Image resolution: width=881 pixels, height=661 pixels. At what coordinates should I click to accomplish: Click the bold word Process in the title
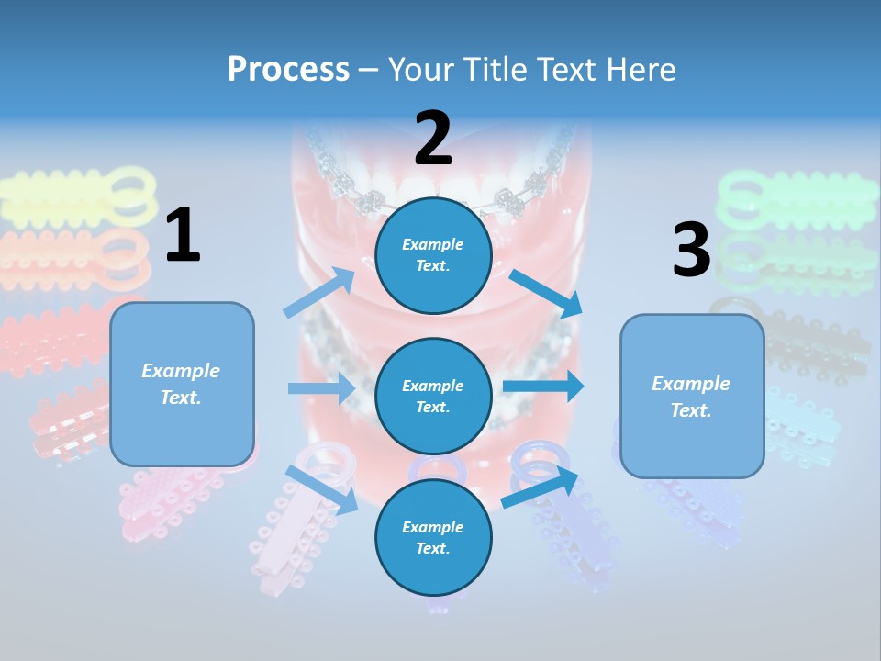tap(288, 69)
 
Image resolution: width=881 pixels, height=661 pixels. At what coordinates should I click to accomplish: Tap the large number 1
tap(183, 236)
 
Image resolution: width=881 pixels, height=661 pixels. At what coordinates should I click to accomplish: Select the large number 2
tap(433, 139)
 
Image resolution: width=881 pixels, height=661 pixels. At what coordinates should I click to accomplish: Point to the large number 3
tap(691, 251)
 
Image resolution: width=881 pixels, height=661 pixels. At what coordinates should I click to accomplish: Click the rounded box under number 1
tap(182, 384)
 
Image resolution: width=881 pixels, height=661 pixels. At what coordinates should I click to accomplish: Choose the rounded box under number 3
tap(692, 396)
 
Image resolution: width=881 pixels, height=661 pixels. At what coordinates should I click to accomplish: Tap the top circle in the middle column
tap(433, 255)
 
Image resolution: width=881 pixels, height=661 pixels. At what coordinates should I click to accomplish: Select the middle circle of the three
tap(433, 396)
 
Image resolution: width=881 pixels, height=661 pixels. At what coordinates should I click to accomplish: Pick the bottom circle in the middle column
tap(433, 537)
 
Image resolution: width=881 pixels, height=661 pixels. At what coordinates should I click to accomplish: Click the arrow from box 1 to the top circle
tap(319, 293)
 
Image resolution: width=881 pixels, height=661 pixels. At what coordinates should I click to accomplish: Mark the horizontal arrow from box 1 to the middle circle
tap(321, 388)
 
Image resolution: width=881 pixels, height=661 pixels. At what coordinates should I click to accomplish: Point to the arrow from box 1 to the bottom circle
tap(321, 489)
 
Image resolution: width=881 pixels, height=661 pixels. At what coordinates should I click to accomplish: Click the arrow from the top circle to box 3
tap(547, 294)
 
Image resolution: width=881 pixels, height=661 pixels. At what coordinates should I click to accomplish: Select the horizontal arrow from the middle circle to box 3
tap(543, 386)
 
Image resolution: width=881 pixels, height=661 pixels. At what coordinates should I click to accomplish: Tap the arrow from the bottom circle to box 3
tap(540, 487)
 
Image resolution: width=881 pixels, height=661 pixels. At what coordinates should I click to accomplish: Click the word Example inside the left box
tap(181, 371)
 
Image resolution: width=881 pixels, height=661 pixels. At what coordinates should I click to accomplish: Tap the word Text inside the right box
tap(690, 410)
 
